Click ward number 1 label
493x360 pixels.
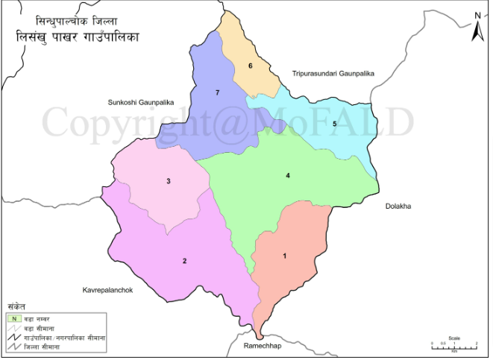click(284, 256)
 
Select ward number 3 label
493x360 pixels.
click(169, 181)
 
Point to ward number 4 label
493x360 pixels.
click(287, 176)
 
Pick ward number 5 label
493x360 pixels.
click(335, 123)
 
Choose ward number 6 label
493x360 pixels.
click(251, 66)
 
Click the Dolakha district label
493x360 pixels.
click(398, 205)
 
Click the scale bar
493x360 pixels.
click(454, 344)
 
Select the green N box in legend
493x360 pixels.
click(13, 319)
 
